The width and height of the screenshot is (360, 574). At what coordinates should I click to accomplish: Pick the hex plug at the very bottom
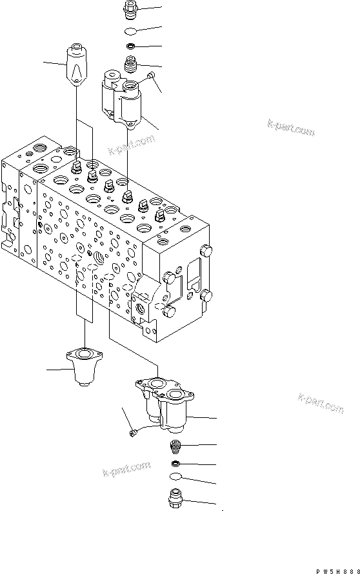[175, 500]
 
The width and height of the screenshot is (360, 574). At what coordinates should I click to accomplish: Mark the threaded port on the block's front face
[99, 259]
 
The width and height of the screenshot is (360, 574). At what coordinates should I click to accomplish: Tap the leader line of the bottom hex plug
[200, 502]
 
